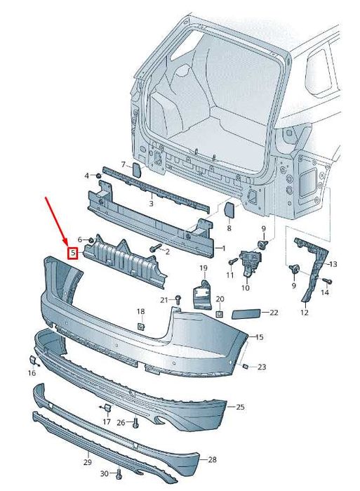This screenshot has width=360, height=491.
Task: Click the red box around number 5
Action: [73, 253]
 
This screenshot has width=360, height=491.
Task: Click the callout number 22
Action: [274, 313]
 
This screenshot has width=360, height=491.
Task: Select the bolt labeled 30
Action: [118, 474]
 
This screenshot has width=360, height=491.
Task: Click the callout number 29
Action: [88, 462]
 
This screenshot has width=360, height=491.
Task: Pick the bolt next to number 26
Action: [135, 423]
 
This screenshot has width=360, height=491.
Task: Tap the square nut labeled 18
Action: [141, 327]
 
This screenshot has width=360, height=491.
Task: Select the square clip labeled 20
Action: [220, 313]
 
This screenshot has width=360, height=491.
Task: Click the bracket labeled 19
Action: [202, 295]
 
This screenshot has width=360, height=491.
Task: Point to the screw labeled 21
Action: [178, 300]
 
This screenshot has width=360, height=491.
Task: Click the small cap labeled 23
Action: [246, 366]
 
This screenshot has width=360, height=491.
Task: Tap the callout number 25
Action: [240, 407]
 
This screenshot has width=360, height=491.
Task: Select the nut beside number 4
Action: [98, 175]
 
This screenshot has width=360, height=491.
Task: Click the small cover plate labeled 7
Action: [137, 169]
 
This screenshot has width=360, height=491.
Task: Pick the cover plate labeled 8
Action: [230, 210]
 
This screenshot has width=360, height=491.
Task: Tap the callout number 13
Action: [333, 264]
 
